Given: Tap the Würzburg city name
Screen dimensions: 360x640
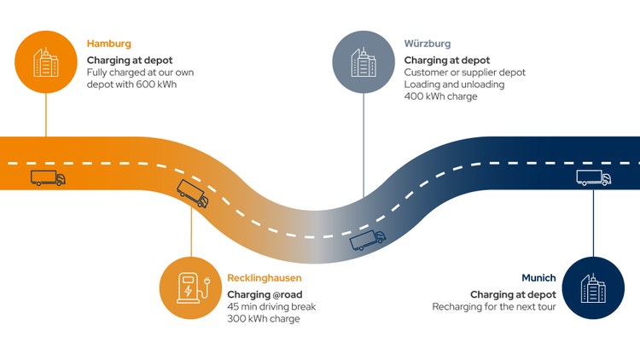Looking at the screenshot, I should pos(428,43).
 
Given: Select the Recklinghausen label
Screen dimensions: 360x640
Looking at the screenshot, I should pos(264,278).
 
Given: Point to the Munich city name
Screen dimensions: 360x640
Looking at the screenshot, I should pos(538,278).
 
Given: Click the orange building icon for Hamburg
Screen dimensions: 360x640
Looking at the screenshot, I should pos(46,60).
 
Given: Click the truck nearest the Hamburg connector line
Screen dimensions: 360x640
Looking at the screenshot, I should pos(48,178).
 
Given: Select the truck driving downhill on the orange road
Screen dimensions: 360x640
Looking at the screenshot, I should pos(192,194).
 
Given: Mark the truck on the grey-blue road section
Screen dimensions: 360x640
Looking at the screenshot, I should pos(368,241).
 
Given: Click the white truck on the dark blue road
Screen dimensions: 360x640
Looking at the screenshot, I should pos(594,178).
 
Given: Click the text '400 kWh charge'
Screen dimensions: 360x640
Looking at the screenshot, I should pos(440,96).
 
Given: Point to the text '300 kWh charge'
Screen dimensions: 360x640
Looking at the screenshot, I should pos(264,319).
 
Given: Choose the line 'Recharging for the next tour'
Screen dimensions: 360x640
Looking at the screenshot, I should pos(494,307).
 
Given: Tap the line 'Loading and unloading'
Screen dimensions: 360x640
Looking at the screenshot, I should pos(454,84).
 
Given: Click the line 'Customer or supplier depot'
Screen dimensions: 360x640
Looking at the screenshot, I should pos(464,73).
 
